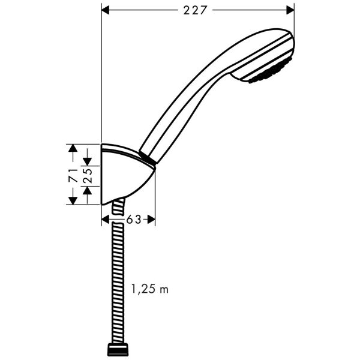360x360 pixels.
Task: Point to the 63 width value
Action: click(x=133, y=220)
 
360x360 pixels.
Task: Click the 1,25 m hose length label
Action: click(x=150, y=289)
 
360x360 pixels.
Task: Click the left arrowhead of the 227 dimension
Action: click(x=105, y=10)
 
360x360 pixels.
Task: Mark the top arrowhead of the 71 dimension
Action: click(x=71, y=148)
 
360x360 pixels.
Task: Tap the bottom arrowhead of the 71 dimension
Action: click(x=71, y=200)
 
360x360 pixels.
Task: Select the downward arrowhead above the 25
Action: click(x=88, y=161)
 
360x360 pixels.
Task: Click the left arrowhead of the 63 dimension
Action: click(x=106, y=220)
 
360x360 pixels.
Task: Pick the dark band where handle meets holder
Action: click(x=148, y=158)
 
